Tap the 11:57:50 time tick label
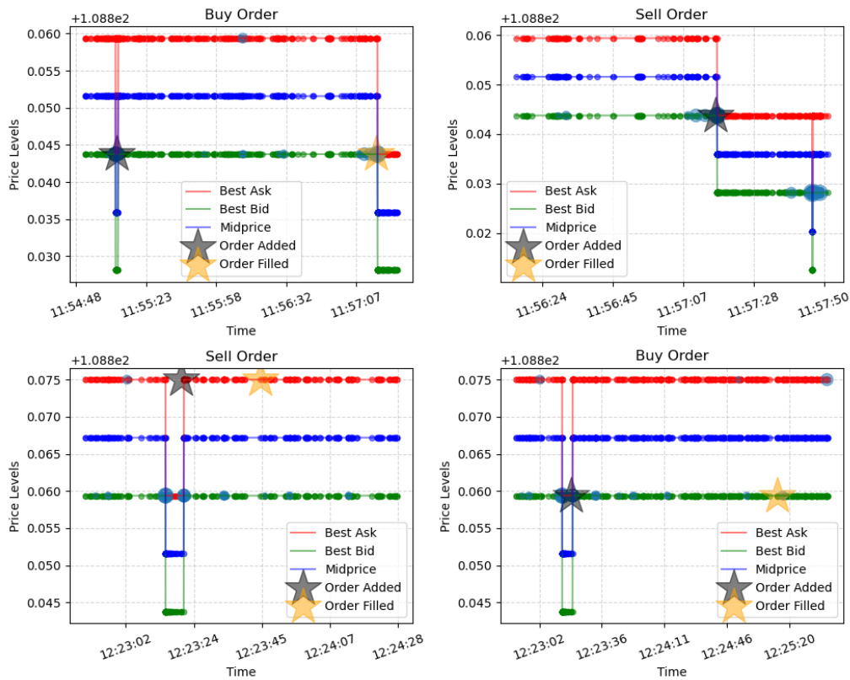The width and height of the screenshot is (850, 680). pos(820,306)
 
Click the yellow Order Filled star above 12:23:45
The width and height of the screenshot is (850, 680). pos(261,380)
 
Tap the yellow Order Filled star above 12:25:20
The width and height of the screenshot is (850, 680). pos(777,495)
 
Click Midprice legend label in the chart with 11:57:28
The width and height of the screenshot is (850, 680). pos(571,228)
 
